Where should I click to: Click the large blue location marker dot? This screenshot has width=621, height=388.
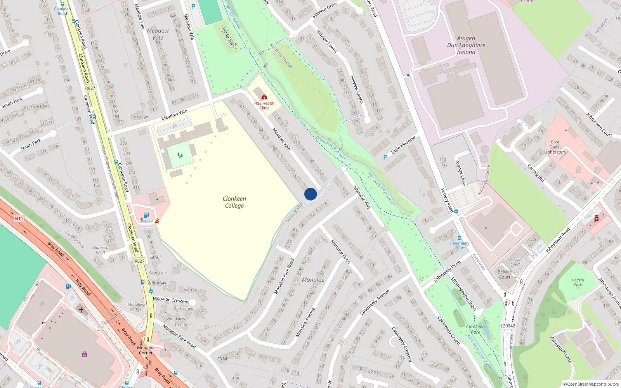[310, 194]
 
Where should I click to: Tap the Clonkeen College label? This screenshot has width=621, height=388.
[234, 202]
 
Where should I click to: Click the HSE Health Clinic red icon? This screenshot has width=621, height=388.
[264, 97]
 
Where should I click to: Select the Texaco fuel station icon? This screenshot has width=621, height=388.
[146, 215]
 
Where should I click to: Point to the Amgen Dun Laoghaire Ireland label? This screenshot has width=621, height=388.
[466, 45]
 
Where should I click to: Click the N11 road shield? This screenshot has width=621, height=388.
[19, 219]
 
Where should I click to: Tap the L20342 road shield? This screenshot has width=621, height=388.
[508, 326]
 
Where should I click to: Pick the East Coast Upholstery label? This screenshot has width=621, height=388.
[555, 147]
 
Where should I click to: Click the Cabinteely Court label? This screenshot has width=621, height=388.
[460, 246]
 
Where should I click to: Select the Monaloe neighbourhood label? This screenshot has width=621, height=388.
[313, 280]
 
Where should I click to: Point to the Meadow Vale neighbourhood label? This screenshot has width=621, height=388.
[158, 34]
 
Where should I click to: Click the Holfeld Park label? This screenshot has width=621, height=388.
[578, 282]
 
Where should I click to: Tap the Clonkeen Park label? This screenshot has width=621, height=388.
[475, 329]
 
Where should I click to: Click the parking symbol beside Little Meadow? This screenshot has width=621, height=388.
[385, 157]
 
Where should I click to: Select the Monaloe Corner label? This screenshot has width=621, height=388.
[146, 350]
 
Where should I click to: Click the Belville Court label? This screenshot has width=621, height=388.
[505, 274]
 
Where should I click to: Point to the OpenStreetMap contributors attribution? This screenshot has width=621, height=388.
[591, 384]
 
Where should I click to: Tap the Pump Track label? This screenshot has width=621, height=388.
[229, 37]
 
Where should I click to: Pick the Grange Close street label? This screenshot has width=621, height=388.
[460, 173]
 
